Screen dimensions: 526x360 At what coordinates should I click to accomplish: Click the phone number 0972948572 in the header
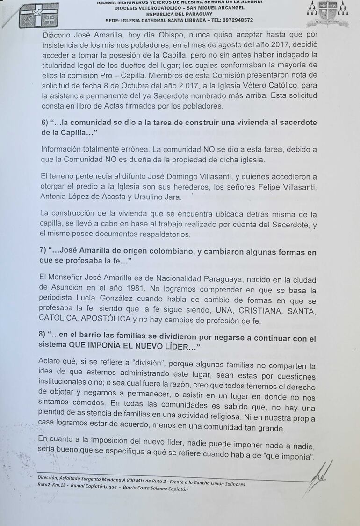point(237,20)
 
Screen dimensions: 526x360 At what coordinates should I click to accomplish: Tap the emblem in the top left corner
point(39,15)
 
